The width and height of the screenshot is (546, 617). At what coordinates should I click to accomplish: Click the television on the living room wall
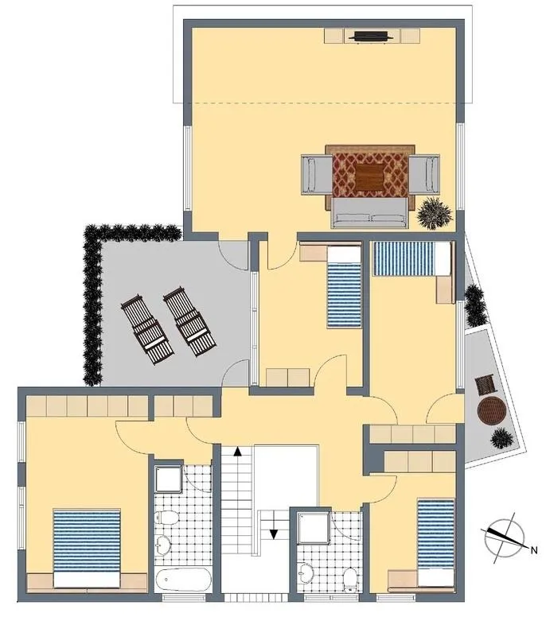tap(370, 37)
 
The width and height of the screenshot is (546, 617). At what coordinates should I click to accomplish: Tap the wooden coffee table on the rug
tap(369, 177)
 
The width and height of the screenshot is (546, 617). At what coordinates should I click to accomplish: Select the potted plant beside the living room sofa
tap(435, 213)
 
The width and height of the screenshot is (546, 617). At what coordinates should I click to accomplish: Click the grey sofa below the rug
tap(369, 213)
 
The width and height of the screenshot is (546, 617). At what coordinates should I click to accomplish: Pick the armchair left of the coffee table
tap(317, 175)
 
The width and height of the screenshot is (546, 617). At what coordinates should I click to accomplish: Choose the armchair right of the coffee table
tap(424, 174)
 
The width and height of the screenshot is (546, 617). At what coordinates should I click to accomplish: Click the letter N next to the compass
tap(534, 550)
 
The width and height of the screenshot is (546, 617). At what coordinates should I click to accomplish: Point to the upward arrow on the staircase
tap(237, 451)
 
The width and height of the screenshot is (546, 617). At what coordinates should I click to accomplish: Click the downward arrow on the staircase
tap(273, 534)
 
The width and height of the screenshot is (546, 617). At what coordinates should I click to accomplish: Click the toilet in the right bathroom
tap(350, 579)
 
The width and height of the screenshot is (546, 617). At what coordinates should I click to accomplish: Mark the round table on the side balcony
tap(491, 410)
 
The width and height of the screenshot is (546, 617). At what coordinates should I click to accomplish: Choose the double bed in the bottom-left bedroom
tap(87, 549)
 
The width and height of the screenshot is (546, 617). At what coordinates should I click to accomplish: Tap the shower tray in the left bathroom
tap(169, 479)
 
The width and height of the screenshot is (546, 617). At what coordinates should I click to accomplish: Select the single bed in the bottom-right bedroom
tap(436, 543)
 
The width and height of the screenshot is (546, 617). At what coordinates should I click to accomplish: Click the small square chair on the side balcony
tap(485, 385)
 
